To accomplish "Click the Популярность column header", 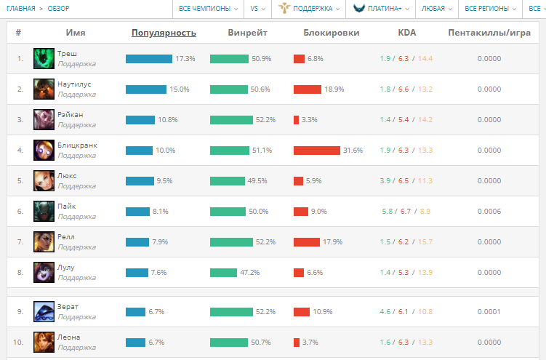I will click(x=164, y=33).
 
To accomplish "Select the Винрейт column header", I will click(x=247, y=33).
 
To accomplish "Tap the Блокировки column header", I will click(x=331, y=33).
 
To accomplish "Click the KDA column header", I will click(x=407, y=33).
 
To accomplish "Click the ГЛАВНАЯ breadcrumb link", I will click(x=20, y=9).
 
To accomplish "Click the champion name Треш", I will click(x=67, y=54).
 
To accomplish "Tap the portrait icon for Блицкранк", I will click(x=44, y=151).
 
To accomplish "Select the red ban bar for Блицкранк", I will click(x=317, y=151).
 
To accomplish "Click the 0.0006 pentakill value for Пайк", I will click(x=489, y=212).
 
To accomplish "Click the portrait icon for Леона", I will click(x=44, y=343).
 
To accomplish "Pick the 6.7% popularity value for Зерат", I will click(x=156, y=312).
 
